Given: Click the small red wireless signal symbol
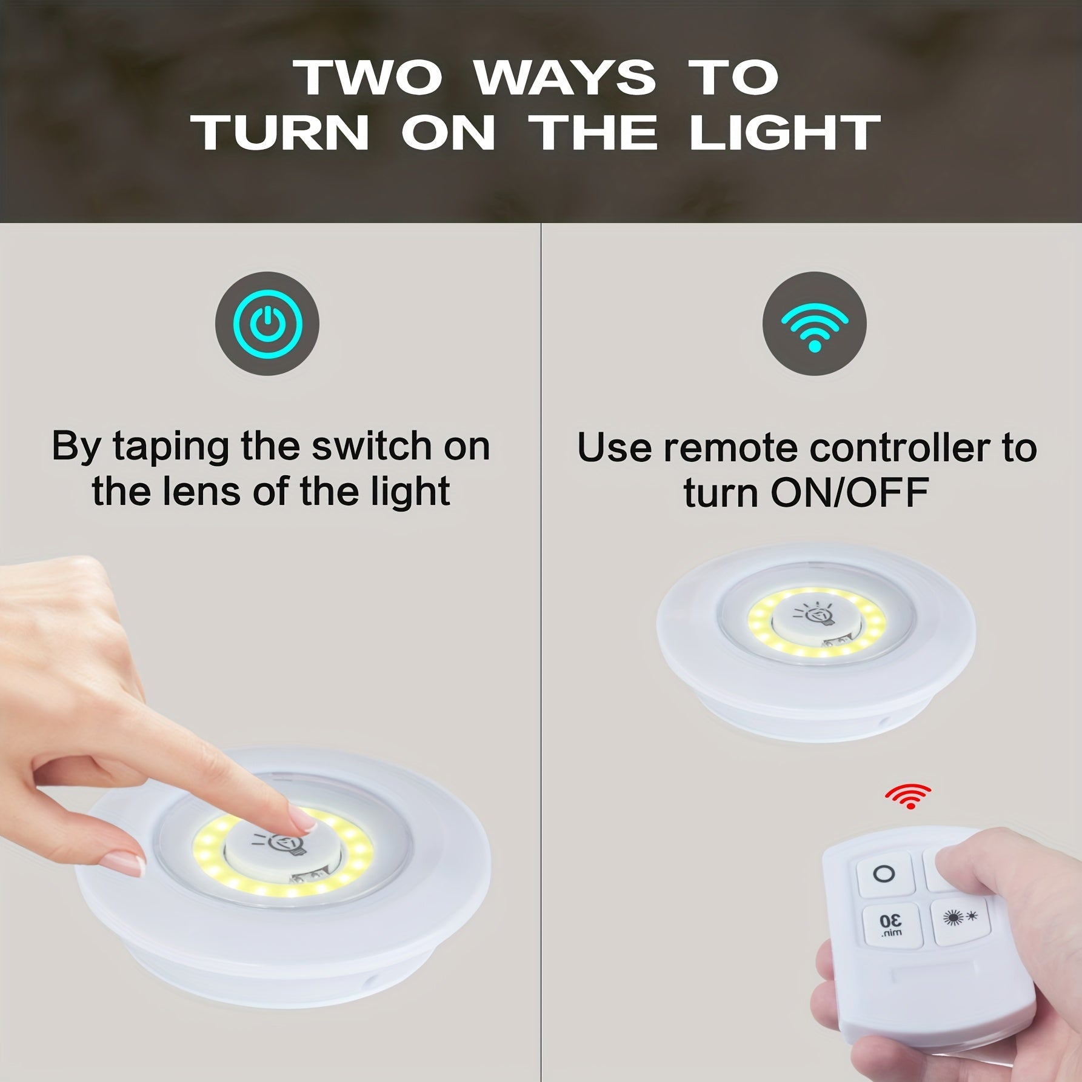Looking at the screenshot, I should click(x=907, y=796).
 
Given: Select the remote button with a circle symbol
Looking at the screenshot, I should click(x=883, y=874).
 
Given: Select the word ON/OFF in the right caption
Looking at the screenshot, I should click(x=849, y=493).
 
